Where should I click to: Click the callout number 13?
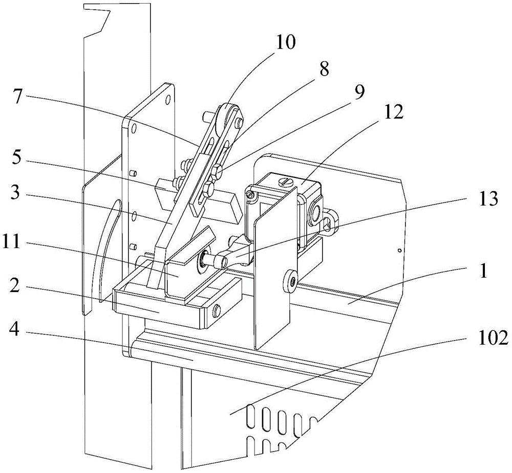(x=487, y=198)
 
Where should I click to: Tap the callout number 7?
(x=18, y=97)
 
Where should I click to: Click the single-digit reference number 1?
(x=483, y=271)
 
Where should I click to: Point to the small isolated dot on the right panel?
(x=399, y=251)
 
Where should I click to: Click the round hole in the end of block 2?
(x=216, y=311)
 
